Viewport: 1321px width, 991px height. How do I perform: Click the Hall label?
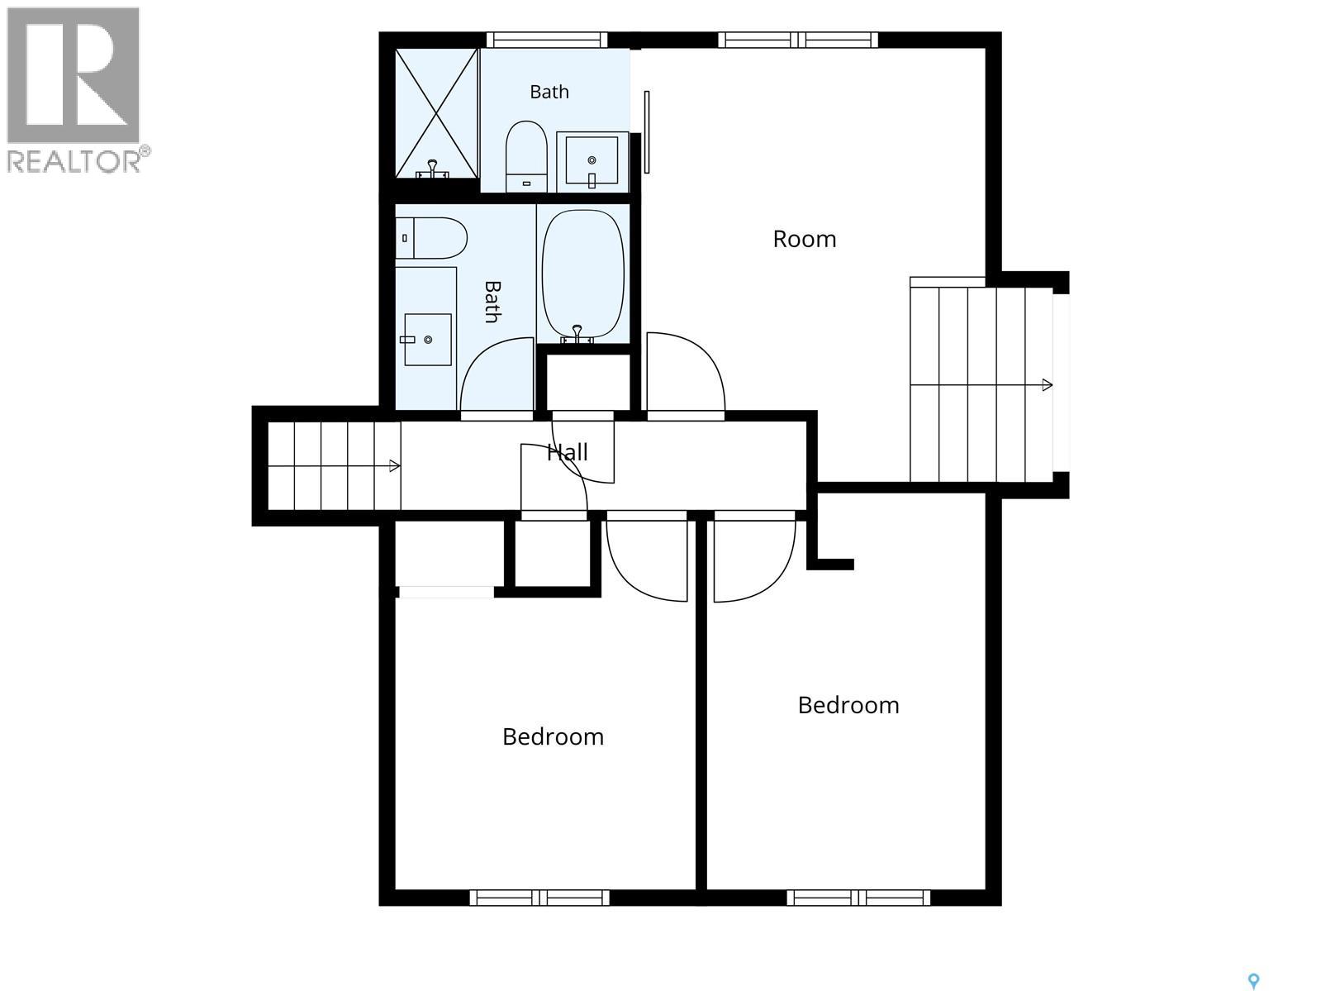(567, 452)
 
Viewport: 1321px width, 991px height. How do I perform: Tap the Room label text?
(804, 239)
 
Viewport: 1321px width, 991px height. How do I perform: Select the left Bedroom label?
(553, 737)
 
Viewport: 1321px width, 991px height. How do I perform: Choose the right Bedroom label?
(848, 705)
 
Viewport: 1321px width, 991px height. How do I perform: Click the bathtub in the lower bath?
(582, 274)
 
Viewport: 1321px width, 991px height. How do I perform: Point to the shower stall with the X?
(436, 113)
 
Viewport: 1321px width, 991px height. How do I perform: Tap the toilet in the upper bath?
(526, 156)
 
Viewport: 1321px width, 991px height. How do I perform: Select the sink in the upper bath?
(592, 161)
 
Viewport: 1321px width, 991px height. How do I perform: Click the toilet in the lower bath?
(431, 238)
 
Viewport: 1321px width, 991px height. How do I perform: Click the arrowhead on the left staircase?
(395, 465)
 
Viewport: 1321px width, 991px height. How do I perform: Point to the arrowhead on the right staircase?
(1048, 384)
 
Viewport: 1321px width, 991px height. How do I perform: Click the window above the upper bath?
(546, 40)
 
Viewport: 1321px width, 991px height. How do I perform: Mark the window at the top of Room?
(798, 40)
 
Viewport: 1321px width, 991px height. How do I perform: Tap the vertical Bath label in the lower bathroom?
(493, 302)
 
